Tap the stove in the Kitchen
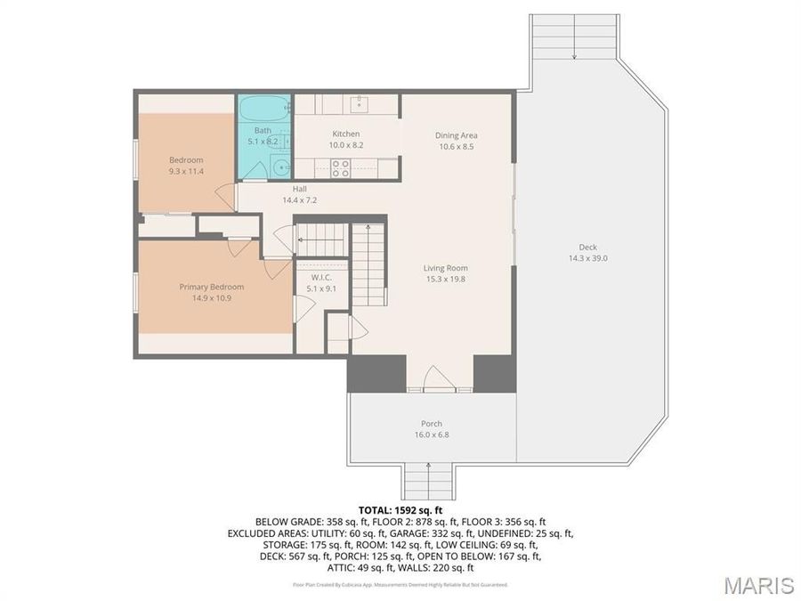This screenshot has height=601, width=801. click(x=341, y=166)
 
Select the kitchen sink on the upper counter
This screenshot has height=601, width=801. click(x=359, y=105)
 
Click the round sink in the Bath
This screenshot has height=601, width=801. click(x=280, y=166)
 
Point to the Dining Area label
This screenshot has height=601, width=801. click(x=456, y=135)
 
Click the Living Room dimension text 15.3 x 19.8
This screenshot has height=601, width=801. click(x=445, y=279)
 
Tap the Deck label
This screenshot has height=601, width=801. click(x=587, y=248)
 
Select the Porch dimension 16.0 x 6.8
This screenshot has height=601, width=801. click(x=431, y=435)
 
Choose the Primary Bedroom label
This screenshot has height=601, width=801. click(x=211, y=287)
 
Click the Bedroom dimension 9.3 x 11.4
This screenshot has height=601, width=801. click(x=186, y=171)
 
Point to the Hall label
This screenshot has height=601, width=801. click(x=300, y=189)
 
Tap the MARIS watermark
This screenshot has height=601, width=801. click(x=758, y=585)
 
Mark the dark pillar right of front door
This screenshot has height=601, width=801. click(x=493, y=374)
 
